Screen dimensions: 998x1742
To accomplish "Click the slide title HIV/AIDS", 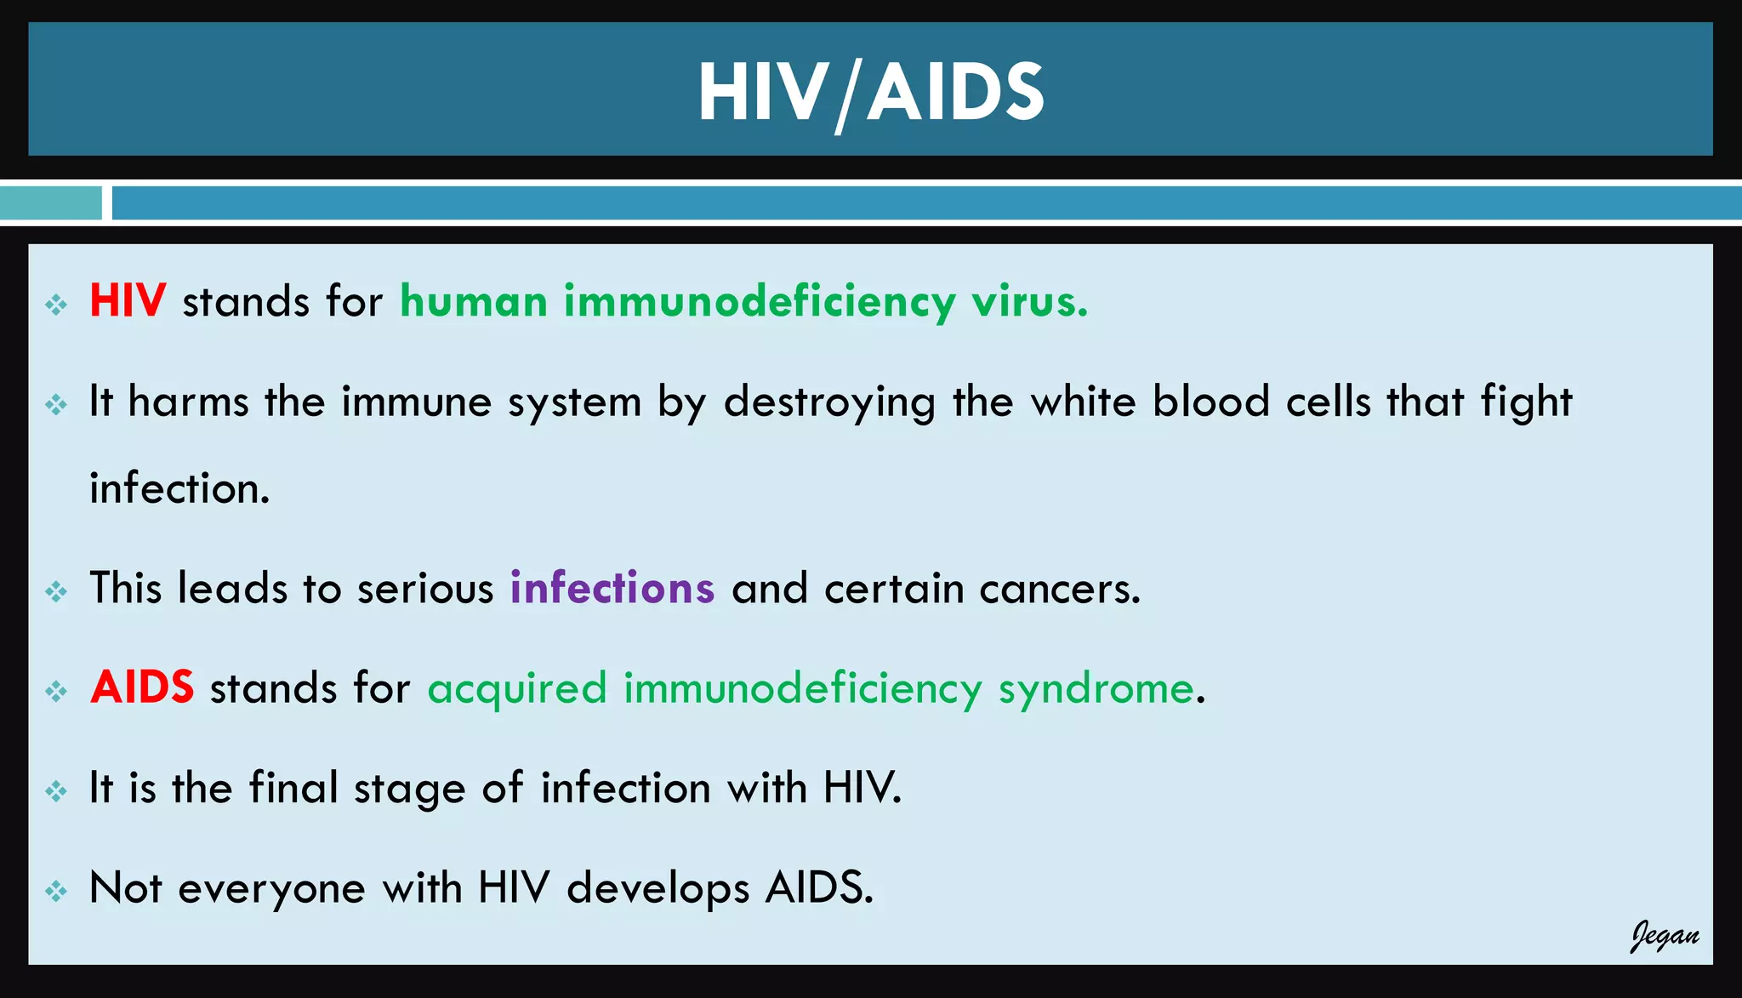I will pos(870,92).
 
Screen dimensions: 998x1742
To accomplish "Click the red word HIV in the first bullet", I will pos(128,301).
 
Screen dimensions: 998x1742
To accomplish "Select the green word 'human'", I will pos(474,302).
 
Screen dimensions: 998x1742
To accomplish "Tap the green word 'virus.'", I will pos(1029,302).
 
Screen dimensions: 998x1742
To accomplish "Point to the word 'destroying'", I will pos(829,402).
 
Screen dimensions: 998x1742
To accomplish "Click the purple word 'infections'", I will pos(612,588).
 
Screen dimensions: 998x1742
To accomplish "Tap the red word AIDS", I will pos(142,687).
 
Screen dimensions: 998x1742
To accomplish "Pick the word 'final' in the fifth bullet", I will pos(293,787).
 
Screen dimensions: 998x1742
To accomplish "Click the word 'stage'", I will pos(410,789).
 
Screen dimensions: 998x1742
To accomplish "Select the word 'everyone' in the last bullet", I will pos(271,889).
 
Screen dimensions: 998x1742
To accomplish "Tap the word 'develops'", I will pos(658,889).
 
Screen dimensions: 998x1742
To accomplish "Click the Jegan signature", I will pos(1664,936).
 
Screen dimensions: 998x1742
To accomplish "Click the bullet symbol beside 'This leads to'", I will pos(56,590).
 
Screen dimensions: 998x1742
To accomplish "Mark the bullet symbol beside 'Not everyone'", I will pos(56,891).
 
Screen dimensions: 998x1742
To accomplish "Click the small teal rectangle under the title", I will pos(50,203).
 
